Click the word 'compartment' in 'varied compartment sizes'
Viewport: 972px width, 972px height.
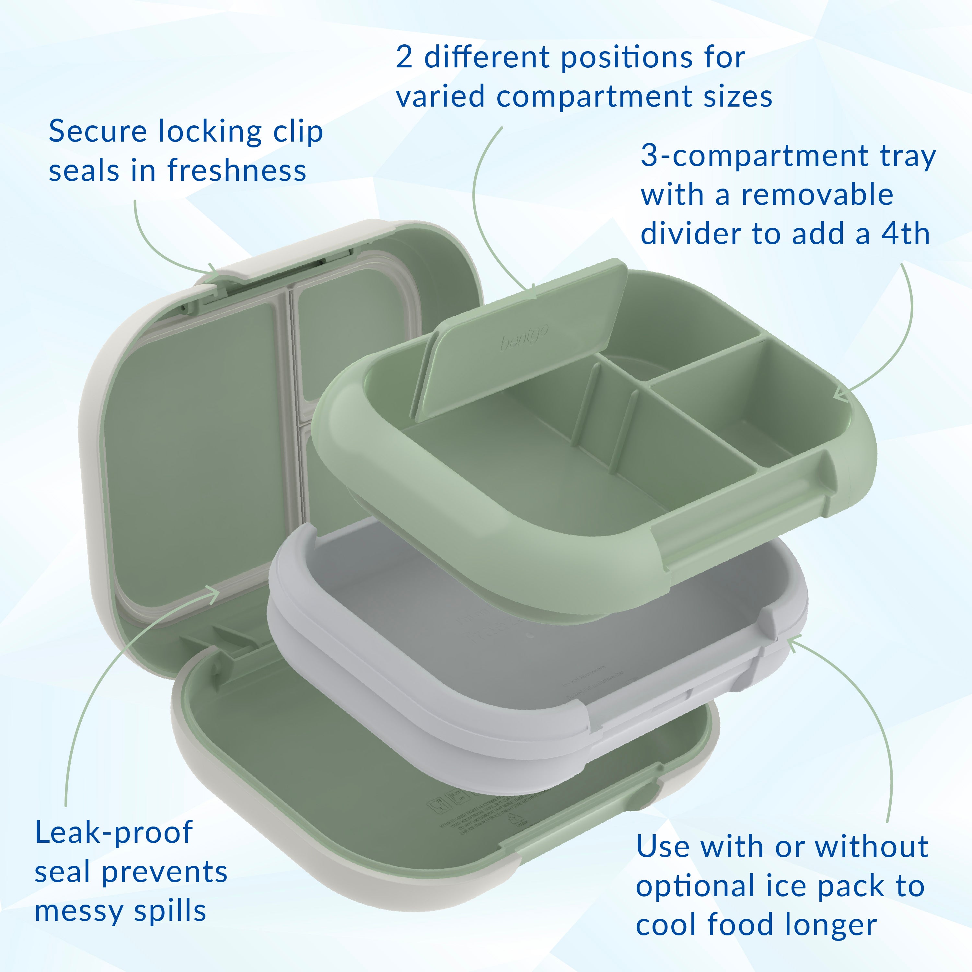click(x=596, y=98)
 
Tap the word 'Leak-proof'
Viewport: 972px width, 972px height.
click(x=114, y=833)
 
